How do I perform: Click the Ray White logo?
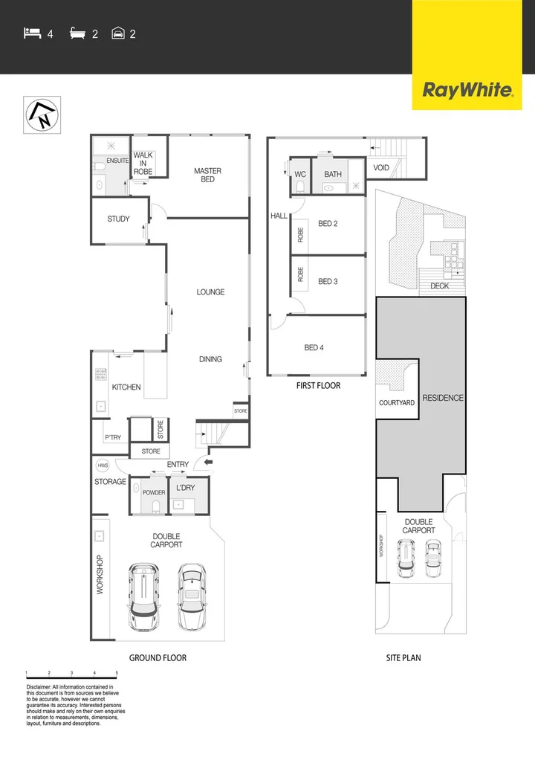pyautogui.click(x=467, y=91)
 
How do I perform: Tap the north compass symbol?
pyautogui.click(x=42, y=115)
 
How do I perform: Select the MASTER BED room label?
pyautogui.click(x=207, y=175)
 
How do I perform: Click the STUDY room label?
pyautogui.click(x=118, y=219)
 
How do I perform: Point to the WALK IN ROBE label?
pyautogui.click(x=143, y=163)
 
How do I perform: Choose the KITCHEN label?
pyautogui.click(x=126, y=387)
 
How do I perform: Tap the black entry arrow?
pyautogui.click(x=208, y=463)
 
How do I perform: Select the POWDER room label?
pyautogui.click(x=154, y=493)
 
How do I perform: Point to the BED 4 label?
pyautogui.click(x=314, y=347)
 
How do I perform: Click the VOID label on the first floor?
pyautogui.click(x=381, y=168)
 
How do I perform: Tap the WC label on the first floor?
pyautogui.click(x=300, y=175)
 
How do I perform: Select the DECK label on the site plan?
pyautogui.click(x=439, y=286)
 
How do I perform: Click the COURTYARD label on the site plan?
pyautogui.click(x=397, y=403)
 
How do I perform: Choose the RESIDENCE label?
pyautogui.click(x=443, y=398)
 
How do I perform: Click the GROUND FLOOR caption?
pyautogui.click(x=158, y=658)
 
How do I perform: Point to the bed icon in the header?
pyautogui.click(x=32, y=33)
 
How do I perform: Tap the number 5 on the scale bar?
pyautogui.click(x=117, y=672)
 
